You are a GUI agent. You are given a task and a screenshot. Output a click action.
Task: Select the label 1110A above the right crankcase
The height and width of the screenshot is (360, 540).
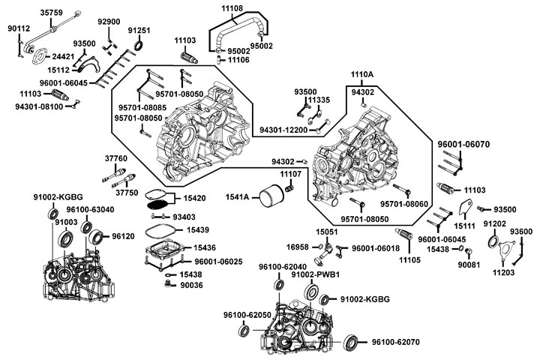[x=362, y=75]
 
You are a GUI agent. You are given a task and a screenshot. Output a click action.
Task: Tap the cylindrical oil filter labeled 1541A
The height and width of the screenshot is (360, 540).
[x=271, y=198]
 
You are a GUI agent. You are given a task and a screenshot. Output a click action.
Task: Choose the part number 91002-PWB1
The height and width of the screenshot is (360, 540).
[x=316, y=275]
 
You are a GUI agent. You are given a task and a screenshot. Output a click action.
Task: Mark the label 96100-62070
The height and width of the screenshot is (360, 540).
[x=395, y=342]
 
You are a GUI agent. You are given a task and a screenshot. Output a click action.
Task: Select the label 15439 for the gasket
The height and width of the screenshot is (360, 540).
[x=198, y=229]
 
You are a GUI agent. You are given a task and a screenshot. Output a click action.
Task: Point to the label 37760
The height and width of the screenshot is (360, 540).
[x=115, y=158]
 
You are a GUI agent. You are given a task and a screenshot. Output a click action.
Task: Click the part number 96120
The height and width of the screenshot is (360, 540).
[x=123, y=235]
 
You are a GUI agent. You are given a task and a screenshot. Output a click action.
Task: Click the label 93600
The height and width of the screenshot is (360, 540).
[x=521, y=232]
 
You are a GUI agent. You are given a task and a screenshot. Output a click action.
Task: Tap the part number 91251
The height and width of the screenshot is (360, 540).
[x=139, y=31]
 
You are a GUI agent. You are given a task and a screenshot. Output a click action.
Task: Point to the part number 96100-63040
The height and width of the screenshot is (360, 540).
[x=90, y=210]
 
